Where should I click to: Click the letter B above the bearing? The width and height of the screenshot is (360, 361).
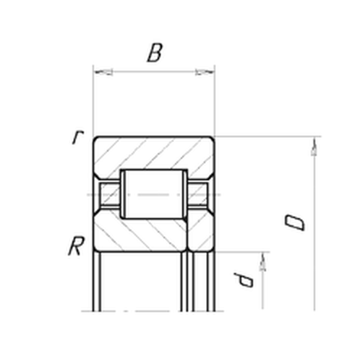(x=153, y=54)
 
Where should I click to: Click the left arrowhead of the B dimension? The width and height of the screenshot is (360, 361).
(x=101, y=72)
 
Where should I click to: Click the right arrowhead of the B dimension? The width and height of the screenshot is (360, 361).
(x=205, y=72)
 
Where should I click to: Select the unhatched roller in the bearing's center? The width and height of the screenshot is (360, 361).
(x=153, y=193)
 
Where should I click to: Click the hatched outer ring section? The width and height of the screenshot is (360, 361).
(x=153, y=152)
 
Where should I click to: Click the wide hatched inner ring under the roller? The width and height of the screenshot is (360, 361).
(x=141, y=235)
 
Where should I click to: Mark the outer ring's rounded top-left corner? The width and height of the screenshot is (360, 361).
(x=95, y=139)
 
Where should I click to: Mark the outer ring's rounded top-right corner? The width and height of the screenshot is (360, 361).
(x=211, y=139)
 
